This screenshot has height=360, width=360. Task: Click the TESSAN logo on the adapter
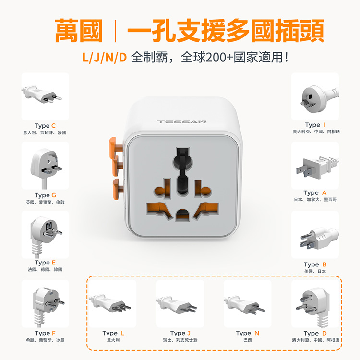pyautogui.click(x=181, y=122)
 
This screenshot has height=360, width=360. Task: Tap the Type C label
pyautogui.click(x=45, y=126)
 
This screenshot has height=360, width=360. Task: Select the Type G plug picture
pyautogui.click(x=45, y=166)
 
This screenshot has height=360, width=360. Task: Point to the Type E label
pyautogui.click(x=45, y=263)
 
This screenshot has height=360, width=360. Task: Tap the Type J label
pyautogui.click(x=180, y=333)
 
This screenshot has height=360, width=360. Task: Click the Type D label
pyautogui.click(x=315, y=333)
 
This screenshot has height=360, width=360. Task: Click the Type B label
pyautogui.click(x=315, y=264)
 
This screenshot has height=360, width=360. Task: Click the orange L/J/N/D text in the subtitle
pyautogui.click(x=105, y=58)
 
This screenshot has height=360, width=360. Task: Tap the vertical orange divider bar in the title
pyautogui.click(x=115, y=31)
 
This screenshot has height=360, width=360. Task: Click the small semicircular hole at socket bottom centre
pyautogui.click(x=182, y=215)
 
